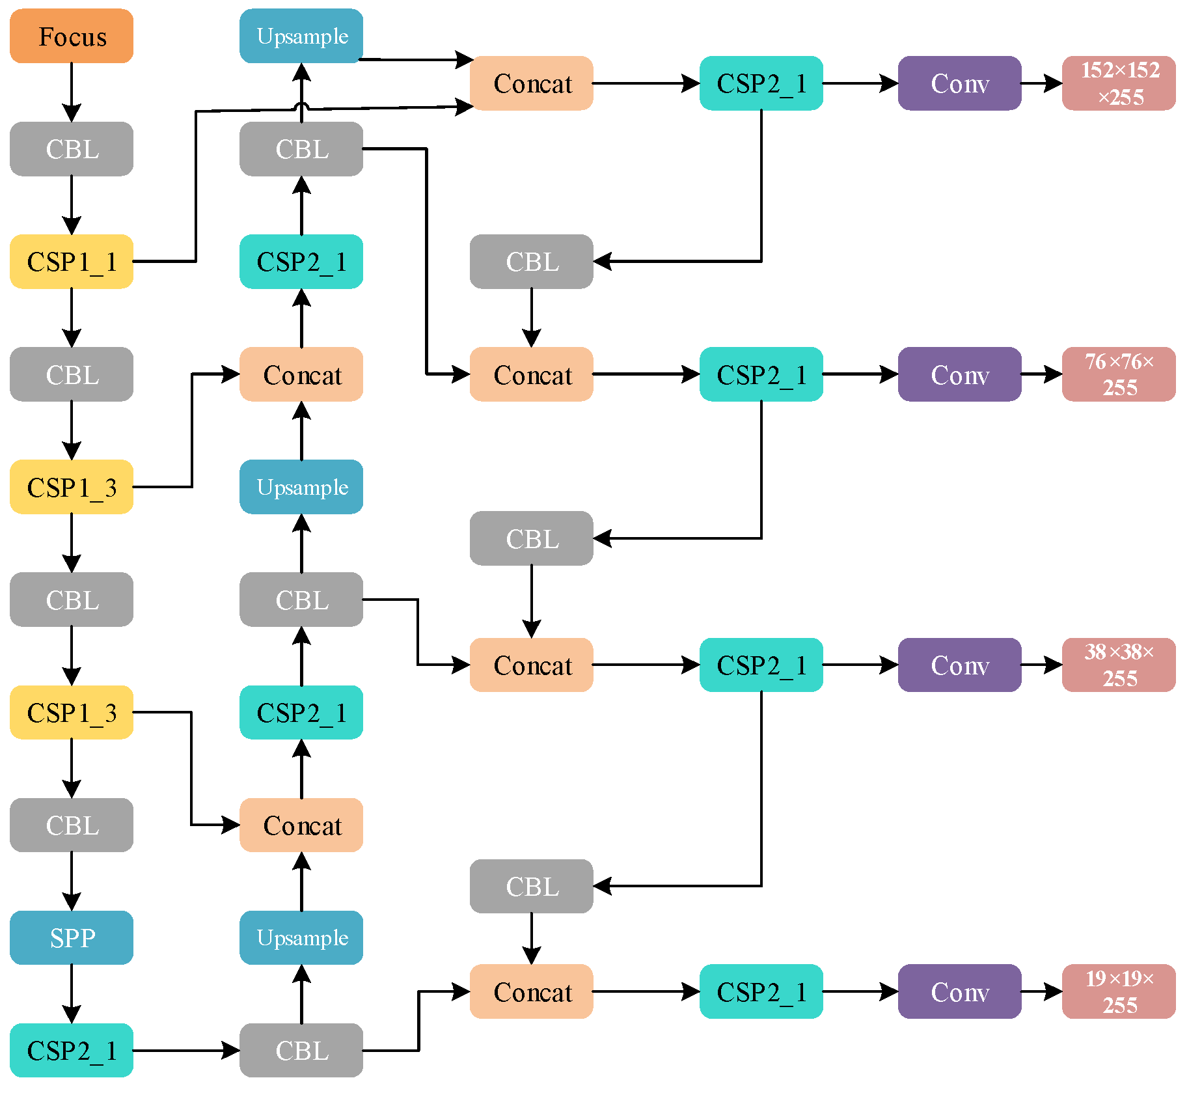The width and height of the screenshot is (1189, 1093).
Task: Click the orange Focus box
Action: [72, 36]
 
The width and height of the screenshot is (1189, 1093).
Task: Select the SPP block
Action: [72, 937]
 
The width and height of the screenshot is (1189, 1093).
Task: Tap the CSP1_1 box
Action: [72, 262]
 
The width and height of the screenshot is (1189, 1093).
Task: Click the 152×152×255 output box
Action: [1119, 83]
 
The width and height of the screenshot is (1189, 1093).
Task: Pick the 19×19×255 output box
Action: [1119, 991]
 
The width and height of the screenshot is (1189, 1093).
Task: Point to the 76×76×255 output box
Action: [1119, 374]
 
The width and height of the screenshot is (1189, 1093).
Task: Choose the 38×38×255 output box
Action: [1119, 665]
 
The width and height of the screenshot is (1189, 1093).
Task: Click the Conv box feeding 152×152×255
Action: [959, 83]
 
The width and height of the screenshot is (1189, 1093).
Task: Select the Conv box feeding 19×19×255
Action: [959, 991]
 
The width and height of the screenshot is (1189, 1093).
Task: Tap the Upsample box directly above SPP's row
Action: [301, 937]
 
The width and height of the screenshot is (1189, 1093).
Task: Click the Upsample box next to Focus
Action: [301, 36]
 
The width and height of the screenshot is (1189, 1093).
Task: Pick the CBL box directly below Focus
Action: [72, 149]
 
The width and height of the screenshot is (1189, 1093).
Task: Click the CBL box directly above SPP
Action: [72, 825]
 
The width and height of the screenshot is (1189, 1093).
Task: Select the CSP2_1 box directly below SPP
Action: [72, 1050]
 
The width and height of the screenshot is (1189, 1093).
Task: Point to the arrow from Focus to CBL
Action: [72, 91]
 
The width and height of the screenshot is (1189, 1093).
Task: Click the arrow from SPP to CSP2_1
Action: [72, 993]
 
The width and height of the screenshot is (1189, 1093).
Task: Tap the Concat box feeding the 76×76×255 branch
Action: [531, 374]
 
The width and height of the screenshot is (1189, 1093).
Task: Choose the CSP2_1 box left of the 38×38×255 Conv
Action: [761, 665]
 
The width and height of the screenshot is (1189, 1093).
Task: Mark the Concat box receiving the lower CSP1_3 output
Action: [301, 825]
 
